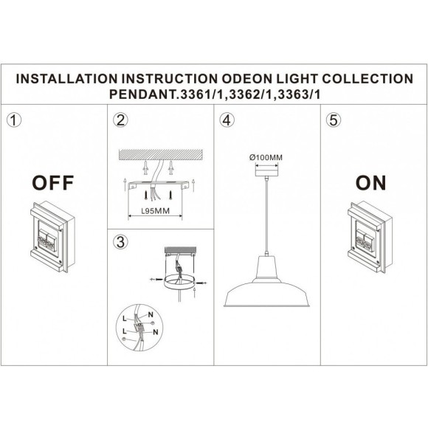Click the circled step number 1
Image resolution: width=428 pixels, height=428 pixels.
(13, 120)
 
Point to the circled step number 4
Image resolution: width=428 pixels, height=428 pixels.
(228, 120)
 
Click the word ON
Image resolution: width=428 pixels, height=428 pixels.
(370, 183)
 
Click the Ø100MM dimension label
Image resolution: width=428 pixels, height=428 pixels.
(266, 156)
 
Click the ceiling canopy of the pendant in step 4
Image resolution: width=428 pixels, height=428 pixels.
(267, 169)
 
